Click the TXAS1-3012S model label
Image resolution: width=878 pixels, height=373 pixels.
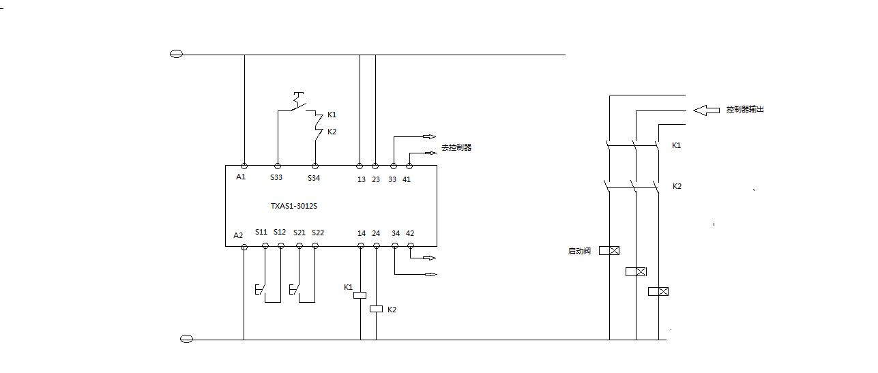coord(293,205)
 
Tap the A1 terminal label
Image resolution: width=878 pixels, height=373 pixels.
coord(241,177)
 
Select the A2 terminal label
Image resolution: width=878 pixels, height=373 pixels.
coord(238,235)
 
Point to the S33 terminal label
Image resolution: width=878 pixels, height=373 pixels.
coord(276,178)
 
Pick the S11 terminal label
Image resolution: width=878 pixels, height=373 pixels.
coord(261,233)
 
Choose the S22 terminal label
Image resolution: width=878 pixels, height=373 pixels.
coord(318,233)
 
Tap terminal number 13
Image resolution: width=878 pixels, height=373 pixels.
coord(362,179)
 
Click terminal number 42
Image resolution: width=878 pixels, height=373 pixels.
coord(410,233)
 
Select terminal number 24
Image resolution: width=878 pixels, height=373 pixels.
coord(376,233)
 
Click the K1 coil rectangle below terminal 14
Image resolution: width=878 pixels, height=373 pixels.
coord(360,295)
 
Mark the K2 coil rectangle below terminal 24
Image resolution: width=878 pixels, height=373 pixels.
coord(377,309)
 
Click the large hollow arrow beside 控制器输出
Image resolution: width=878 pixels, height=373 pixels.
coord(706,109)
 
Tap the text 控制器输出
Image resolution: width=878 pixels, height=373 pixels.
coord(745,109)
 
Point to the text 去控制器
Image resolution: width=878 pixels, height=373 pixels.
coord(456,147)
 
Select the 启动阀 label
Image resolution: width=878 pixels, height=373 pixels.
coord(579,251)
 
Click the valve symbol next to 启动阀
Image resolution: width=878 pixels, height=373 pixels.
coord(609,250)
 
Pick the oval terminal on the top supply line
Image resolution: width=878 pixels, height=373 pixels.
coord(176,55)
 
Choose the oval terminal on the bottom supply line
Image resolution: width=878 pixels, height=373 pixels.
coord(186,339)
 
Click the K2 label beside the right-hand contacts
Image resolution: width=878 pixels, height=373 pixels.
coord(677,186)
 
